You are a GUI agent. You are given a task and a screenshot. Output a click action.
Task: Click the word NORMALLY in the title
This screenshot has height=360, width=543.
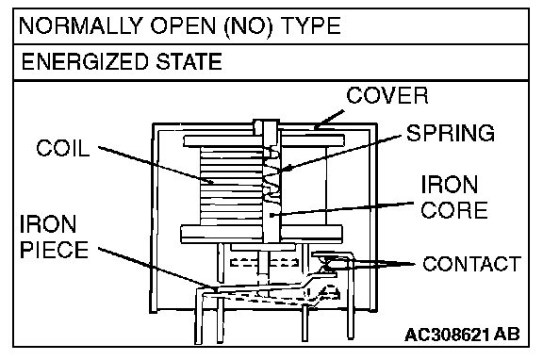click(x=81, y=25)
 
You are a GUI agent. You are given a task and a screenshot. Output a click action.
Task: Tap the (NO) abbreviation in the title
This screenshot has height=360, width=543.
click(x=248, y=26)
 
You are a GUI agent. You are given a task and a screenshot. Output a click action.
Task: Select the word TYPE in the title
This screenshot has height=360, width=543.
click(x=311, y=25)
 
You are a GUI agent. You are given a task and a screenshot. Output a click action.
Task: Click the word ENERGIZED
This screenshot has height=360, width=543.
click(x=85, y=61)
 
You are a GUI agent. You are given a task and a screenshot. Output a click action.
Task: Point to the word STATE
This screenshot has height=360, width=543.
click(x=189, y=61)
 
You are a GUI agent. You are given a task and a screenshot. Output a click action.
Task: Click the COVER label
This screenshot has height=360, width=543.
click(x=387, y=95)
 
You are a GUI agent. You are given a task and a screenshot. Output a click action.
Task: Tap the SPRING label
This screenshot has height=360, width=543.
click(x=451, y=133)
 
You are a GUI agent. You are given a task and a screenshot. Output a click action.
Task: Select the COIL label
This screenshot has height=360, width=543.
click(x=62, y=148)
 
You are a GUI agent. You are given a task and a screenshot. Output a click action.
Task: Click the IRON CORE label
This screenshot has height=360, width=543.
click(x=454, y=197)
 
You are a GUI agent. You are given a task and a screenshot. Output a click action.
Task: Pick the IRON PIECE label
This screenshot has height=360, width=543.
click(x=54, y=237)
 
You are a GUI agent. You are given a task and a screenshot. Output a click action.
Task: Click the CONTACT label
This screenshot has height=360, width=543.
click(x=471, y=264)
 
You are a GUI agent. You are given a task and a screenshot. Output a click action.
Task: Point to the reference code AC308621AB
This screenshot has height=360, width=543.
click(x=462, y=335)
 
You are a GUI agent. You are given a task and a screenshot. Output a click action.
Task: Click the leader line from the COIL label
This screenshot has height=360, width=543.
click(x=156, y=165)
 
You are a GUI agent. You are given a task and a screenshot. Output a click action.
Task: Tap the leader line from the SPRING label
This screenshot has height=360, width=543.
click(x=341, y=153)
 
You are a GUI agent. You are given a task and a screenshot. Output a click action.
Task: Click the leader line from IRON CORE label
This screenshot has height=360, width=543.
click(x=342, y=209)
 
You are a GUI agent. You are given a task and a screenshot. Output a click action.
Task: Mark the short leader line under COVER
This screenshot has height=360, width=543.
click(x=329, y=120)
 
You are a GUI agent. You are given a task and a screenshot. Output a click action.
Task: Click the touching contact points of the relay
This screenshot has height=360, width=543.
click(x=326, y=265)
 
